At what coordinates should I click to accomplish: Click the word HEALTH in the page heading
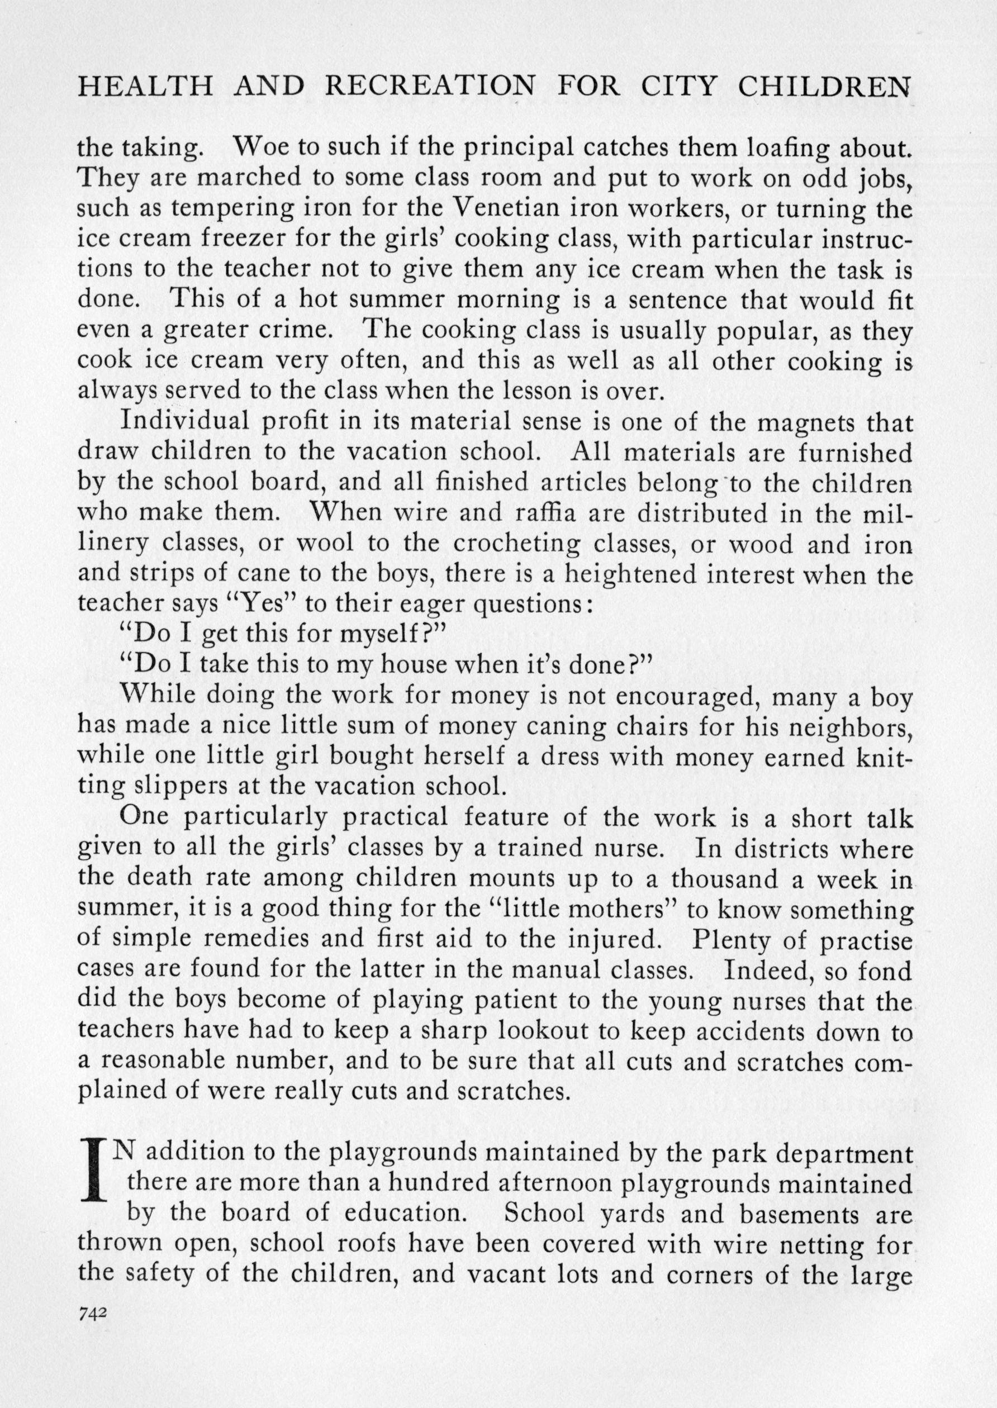click(146, 87)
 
